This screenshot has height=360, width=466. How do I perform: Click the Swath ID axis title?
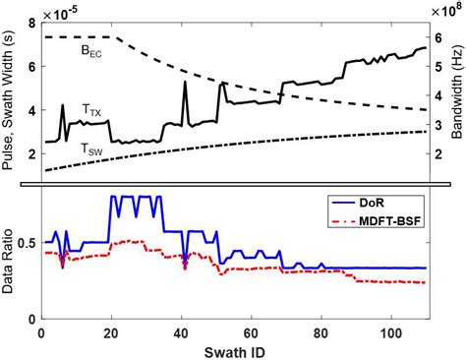235,350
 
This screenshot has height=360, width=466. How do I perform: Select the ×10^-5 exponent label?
57,9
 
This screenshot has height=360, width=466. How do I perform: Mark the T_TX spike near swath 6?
62,105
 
